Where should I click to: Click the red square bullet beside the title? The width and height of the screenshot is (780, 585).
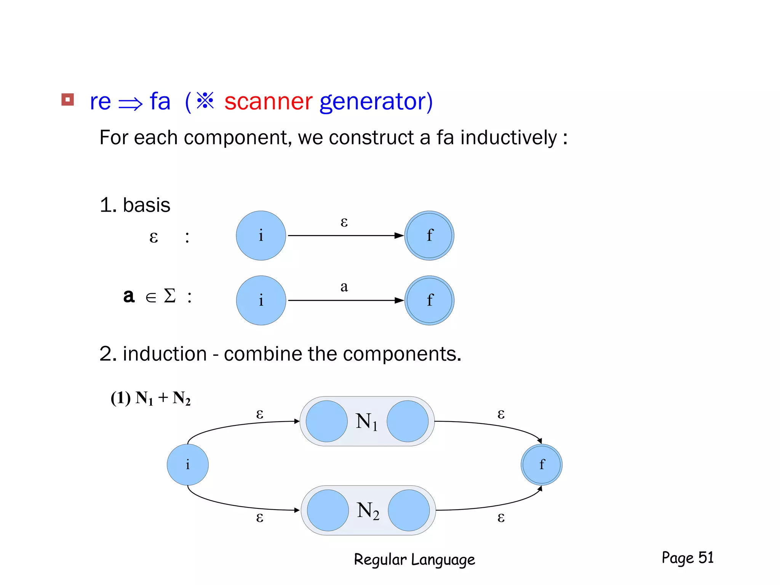point(67,100)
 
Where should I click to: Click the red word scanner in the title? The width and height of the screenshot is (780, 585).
point(268,102)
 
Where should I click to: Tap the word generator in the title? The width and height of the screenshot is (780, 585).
point(376,102)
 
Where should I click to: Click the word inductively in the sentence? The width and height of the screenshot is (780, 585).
point(508,137)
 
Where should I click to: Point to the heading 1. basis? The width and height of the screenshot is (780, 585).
point(135,205)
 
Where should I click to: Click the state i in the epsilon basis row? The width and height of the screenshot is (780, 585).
point(261,236)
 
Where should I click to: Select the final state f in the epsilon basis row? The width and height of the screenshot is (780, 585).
point(429,236)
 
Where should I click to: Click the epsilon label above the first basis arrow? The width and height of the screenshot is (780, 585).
point(344,222)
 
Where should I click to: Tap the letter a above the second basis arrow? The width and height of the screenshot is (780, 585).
point(344,287)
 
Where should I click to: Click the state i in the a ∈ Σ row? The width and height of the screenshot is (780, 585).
point(261,300)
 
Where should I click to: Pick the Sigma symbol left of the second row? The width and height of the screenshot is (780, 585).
point(169,296)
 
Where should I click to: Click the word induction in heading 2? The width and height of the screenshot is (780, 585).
point(165,354)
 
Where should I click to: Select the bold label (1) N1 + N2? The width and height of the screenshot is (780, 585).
point(150,398)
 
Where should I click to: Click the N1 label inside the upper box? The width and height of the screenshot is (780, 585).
point(366,422)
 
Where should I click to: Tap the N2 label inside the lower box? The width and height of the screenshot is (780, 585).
point(368,511)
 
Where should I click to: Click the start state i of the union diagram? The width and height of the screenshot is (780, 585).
point(188,465)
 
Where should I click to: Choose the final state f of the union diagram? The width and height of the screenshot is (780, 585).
point(542,465)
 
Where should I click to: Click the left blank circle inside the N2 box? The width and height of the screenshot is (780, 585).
point(328,510)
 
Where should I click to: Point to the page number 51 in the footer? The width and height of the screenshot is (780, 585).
point(706,558)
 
